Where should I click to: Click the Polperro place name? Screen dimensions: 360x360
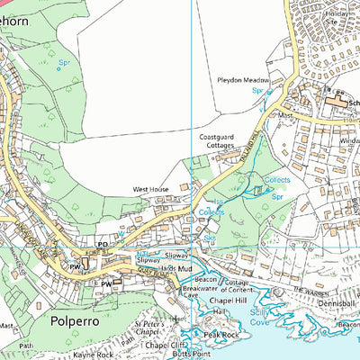[62, 319]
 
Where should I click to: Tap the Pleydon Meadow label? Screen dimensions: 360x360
[243, 80]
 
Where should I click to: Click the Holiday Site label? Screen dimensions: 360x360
[343, 14]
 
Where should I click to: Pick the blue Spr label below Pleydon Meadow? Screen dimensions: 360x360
[257, 91]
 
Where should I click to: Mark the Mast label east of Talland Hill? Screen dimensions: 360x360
[285, 115]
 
